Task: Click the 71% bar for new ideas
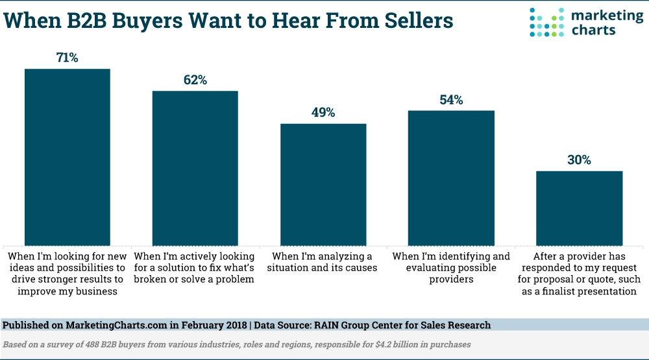pyautogui.click(x=67, y=156)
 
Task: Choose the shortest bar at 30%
pyautogui.click(x=579, y=207)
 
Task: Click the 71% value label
pyautogui.click(x=67, y=58)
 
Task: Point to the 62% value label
pyautogui.click(x=195, y=80)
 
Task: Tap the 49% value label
pyautogui.click(x=323, y=113)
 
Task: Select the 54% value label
pyautogui.click(x=450, y=100)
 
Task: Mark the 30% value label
pyautogui.click(x=579, y=160)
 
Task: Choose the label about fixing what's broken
pyautogui.click(x=194, y=267)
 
